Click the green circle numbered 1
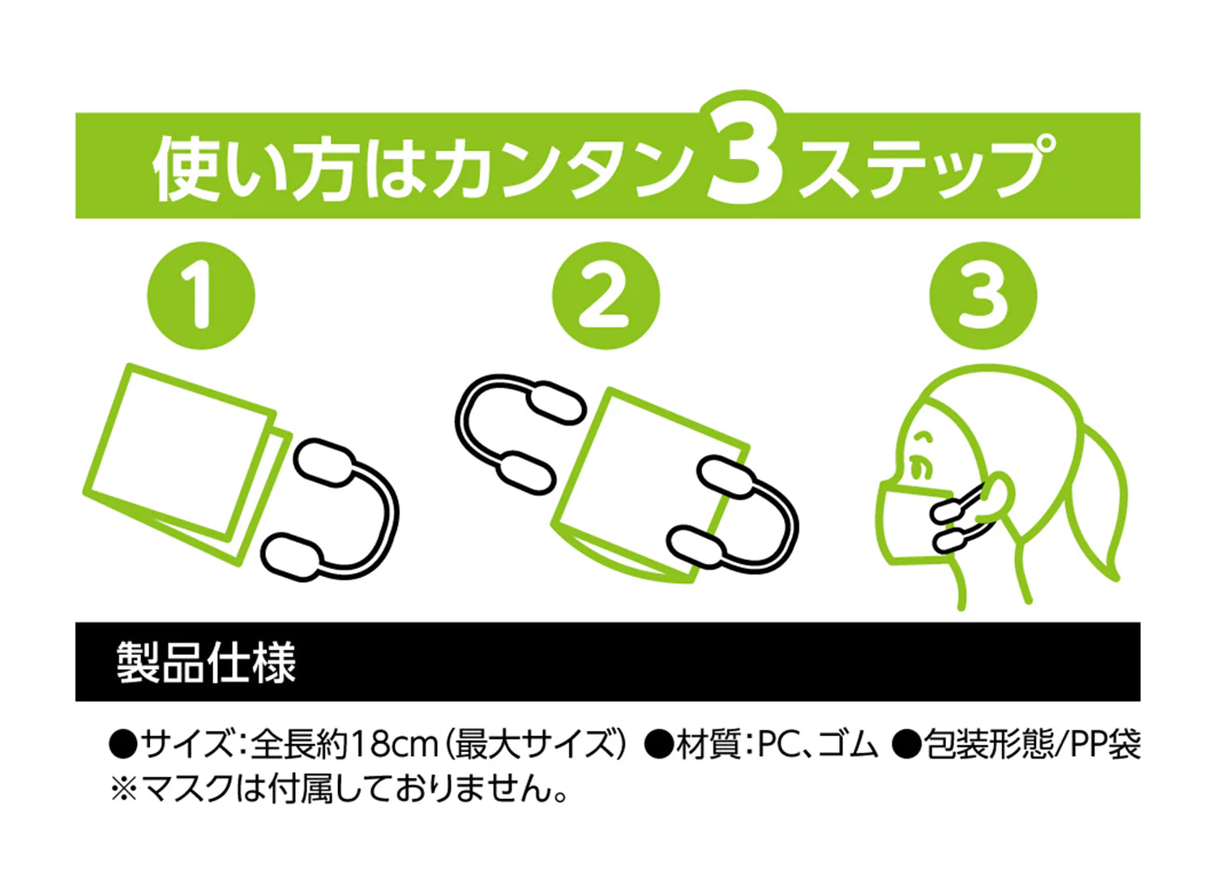point(201,296)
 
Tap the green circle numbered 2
point(606,296)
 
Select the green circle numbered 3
point(983,296)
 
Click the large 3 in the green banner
point(746,157)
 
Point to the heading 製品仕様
point(206,662)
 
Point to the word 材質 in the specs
point(709,745)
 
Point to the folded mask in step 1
point(187,464)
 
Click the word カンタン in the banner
point(564,169)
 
